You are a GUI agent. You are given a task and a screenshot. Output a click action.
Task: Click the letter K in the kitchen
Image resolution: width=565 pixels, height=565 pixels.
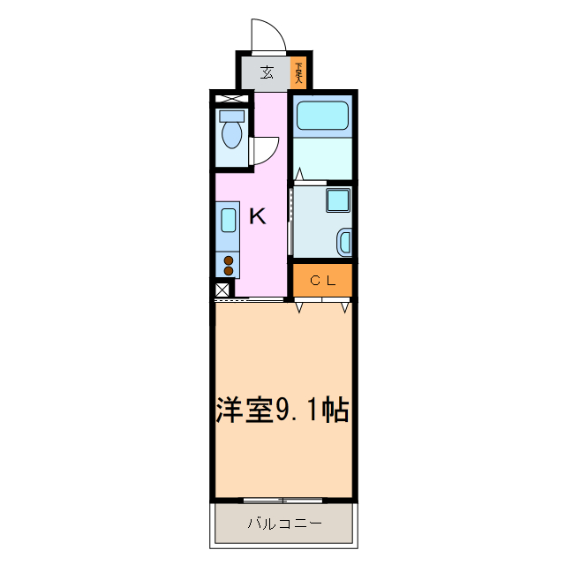[257, 215]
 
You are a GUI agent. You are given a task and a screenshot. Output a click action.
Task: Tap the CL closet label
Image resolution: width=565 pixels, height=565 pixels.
[324, 282]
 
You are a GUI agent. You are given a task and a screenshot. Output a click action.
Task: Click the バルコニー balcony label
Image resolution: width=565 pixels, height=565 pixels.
[284, 524]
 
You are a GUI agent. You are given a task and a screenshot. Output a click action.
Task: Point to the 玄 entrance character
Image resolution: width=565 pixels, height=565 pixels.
[266, 72]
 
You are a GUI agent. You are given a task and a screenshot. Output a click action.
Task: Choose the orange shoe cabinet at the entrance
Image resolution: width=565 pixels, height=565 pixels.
[299, 72]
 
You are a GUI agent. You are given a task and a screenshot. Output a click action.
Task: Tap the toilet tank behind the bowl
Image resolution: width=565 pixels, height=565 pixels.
[232, 116]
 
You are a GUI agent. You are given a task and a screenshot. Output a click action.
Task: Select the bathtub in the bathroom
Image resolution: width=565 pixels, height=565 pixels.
[322, 117]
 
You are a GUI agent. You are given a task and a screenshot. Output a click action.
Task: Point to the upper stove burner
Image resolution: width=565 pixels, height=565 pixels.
[228, 260]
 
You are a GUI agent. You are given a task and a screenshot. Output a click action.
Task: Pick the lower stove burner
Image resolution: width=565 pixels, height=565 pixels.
[228, 271]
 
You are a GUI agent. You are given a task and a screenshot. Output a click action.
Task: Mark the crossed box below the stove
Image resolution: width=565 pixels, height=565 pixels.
[222, 290]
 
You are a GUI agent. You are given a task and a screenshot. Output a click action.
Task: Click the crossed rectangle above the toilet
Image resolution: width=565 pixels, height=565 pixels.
[231, 99]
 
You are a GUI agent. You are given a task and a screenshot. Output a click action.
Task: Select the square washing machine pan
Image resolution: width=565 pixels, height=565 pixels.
[338, 200]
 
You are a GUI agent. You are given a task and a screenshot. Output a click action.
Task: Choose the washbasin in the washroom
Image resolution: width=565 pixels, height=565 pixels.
[345, 241]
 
